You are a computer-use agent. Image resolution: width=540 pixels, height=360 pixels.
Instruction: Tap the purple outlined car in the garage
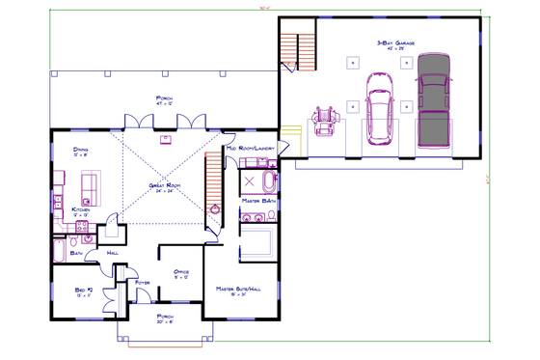[378, 111]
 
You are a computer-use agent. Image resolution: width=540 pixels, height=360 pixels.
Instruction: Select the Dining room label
[82, 150]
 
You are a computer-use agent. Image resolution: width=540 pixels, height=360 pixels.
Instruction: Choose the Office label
[180, 272]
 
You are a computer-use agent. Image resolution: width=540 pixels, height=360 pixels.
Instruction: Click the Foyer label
[144, 282]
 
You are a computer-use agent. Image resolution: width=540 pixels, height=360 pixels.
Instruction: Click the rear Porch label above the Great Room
[165, 98]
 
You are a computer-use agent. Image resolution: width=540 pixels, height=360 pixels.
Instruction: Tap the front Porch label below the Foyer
[165, 317]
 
